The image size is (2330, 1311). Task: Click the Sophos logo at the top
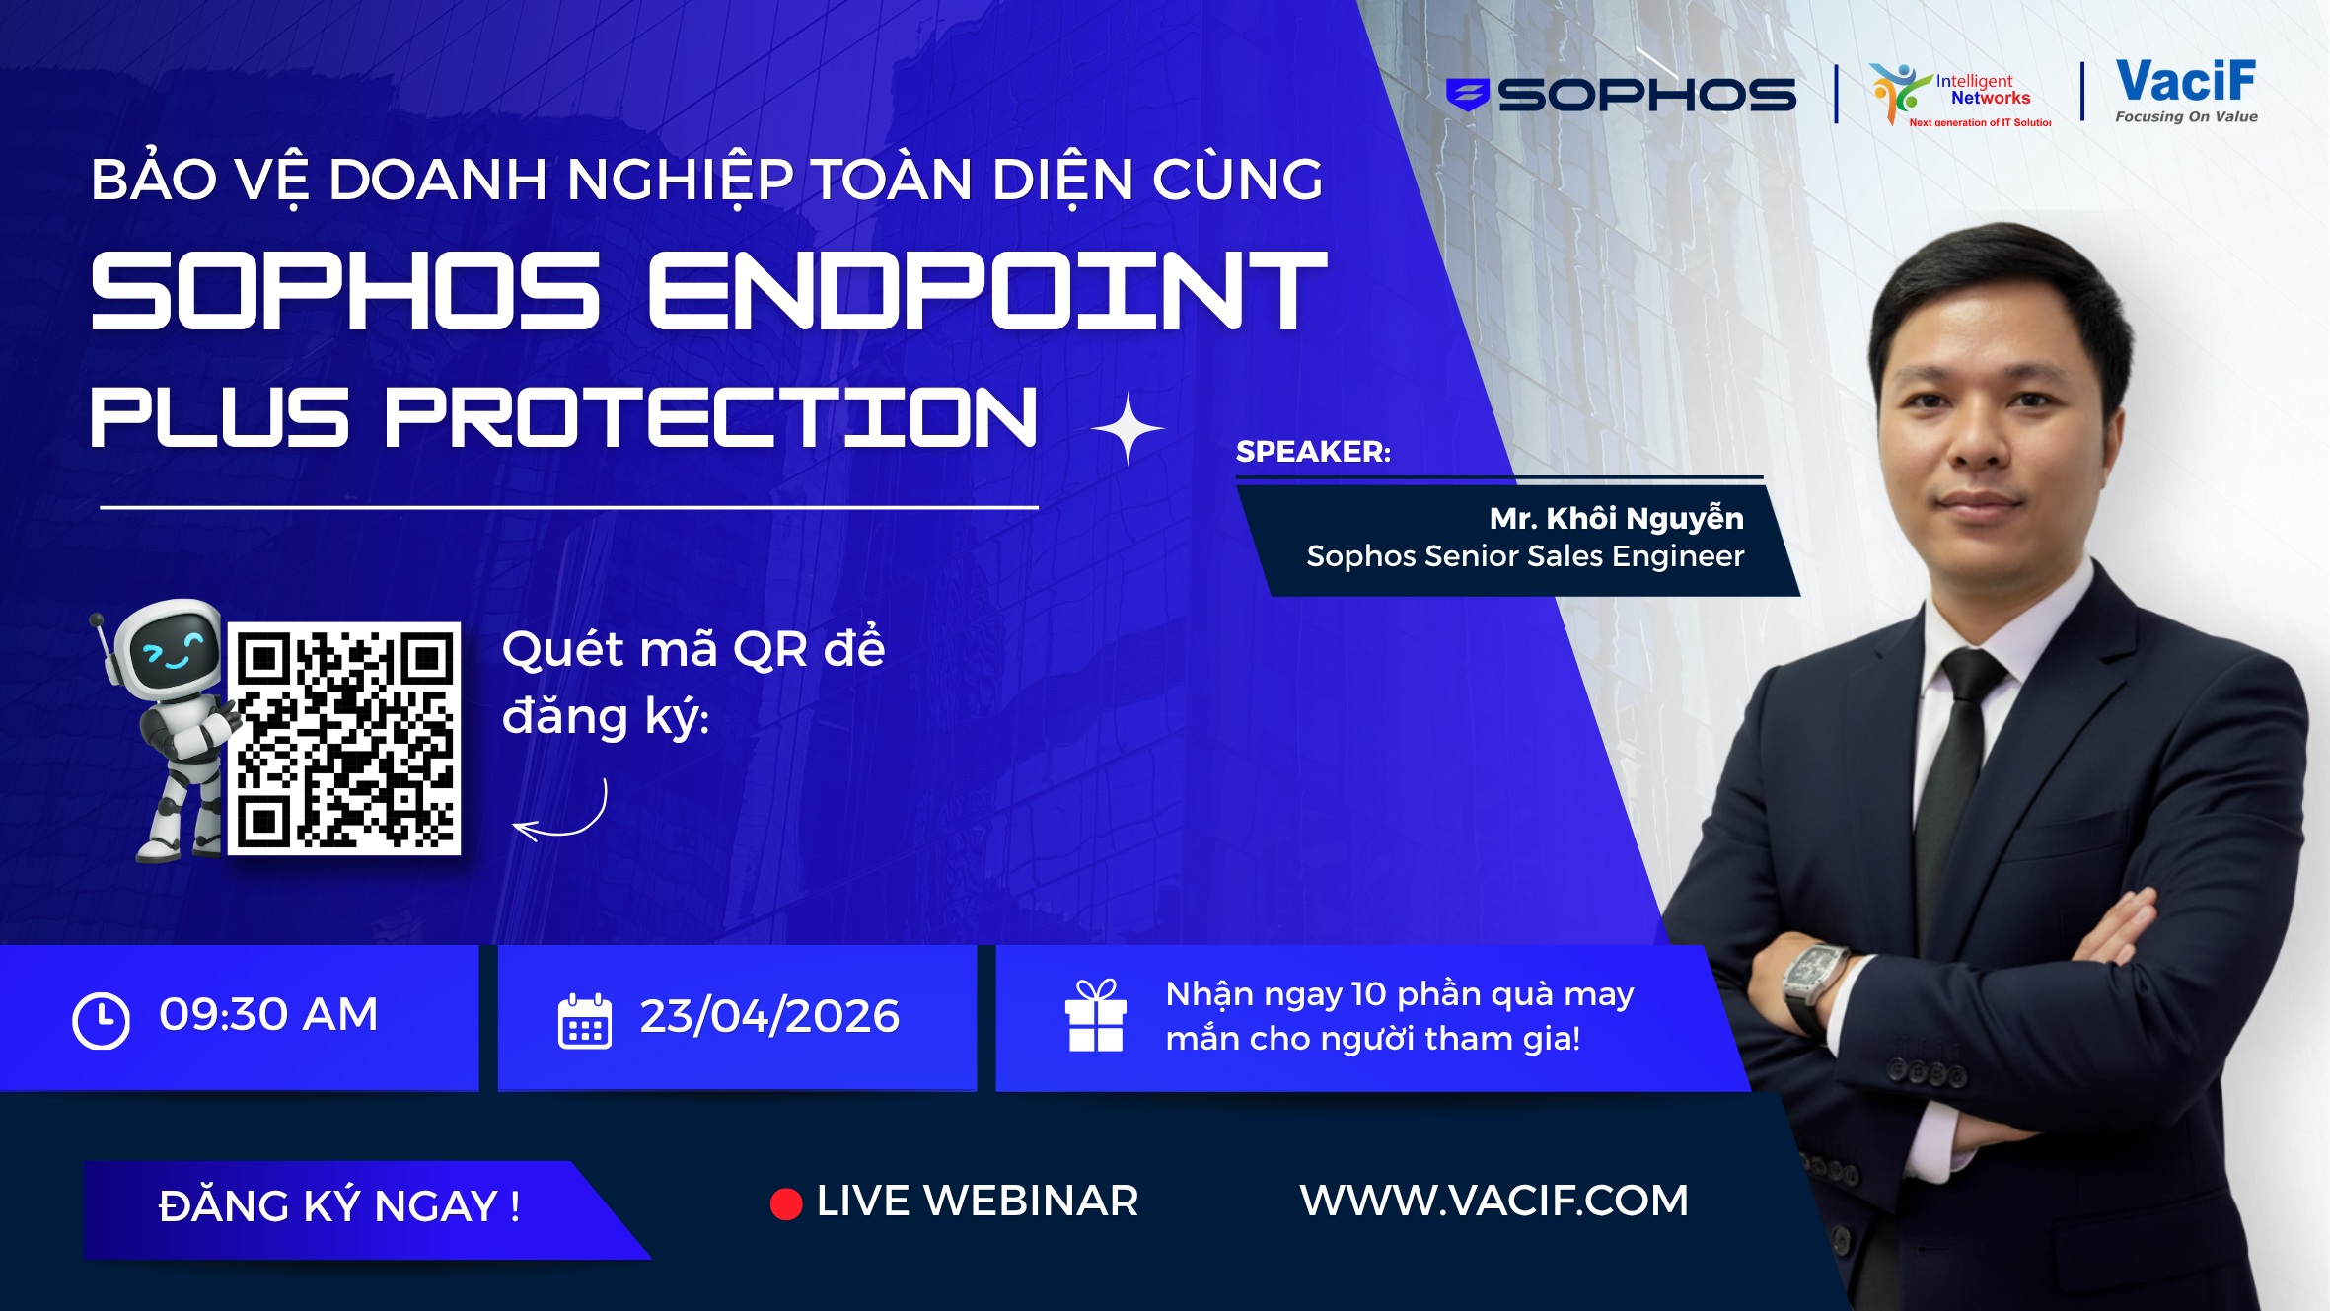tap(1621, 95)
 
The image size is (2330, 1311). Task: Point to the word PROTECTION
tap(711, 417)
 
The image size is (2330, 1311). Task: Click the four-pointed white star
tap(1129, 428)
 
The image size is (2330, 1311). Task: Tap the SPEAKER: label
tap(1313, 451)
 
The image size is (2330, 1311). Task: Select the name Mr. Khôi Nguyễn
tap(1616, 518)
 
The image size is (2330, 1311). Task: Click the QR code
tap(344, 738)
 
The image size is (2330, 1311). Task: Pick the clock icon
tap(101, 1020)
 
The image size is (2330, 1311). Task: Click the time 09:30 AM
tap(268, 1014)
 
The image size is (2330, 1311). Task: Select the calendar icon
tap(585, 1021)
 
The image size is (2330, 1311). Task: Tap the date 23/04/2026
tap(769, 1016)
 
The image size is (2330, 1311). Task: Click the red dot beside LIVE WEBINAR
tap(786, 1203)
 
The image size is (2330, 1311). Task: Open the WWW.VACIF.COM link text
tap(1493, 1201)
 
